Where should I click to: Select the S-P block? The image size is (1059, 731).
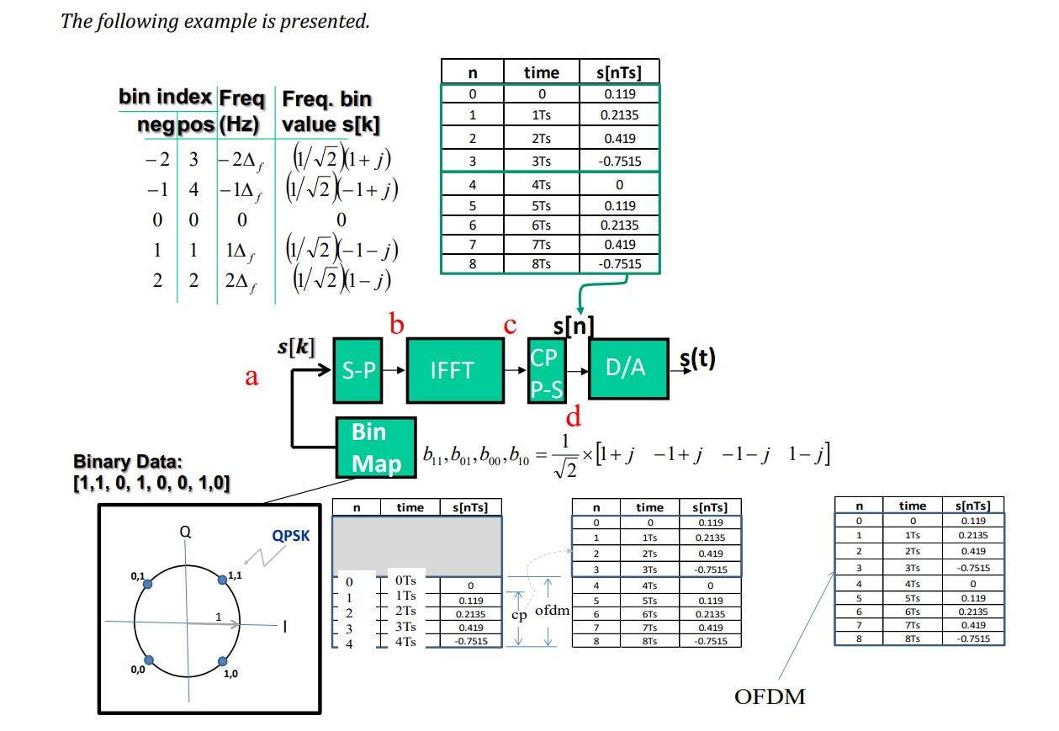(x=358, y=370)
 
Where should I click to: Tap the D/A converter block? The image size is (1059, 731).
(x=627, y=368)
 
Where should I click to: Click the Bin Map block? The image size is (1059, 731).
(x=375, y=448)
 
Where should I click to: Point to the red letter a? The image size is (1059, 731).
(x=252, y=377)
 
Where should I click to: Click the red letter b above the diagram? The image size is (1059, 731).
(x=396, y=325)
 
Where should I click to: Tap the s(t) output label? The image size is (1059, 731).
(x=697, y=359)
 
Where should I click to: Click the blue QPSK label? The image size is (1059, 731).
(x=290, y=535)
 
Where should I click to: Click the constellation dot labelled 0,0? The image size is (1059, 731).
(x=149, y=660)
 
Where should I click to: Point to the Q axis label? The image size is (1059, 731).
(x=184, y=531)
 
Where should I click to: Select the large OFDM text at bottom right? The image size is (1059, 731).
(x=770, y=697)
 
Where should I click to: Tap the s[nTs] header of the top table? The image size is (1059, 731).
(x=619, y=72)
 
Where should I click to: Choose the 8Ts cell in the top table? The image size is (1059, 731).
(x=541, y=263)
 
